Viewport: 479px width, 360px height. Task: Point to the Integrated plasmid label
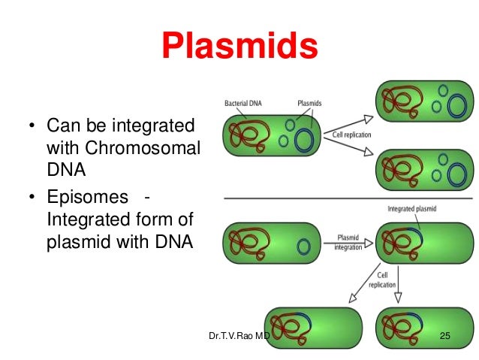coord(412,208)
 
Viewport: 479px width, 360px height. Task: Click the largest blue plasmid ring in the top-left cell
coord(305,141)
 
